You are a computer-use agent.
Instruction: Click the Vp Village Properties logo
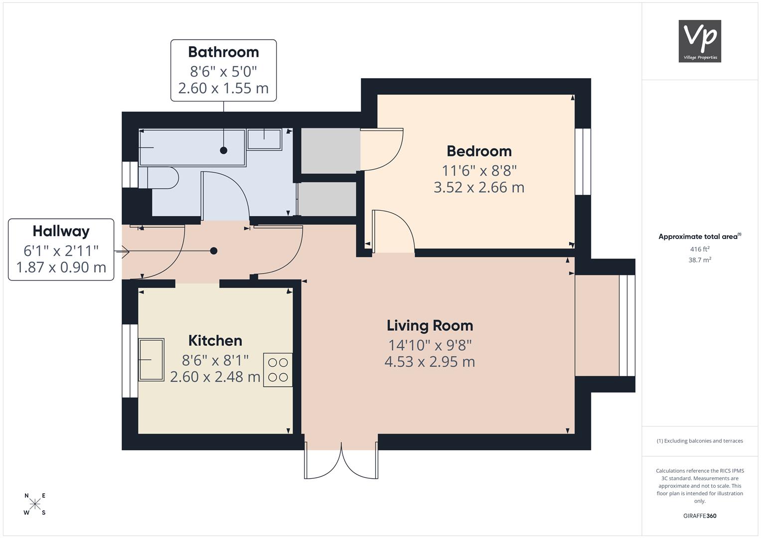coord(700,41)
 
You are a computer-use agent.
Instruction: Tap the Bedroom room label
coord(479,151)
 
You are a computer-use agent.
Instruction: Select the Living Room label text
coord(430,326)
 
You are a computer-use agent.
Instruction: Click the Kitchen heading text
coord(215,341)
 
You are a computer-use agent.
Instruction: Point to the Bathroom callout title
coord(224,52)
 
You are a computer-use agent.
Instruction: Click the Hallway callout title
coord(61,232)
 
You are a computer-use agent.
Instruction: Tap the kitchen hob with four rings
coord(278,370)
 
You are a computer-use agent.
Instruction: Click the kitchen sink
coord(151,359)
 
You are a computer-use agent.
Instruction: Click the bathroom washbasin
coord(265,139)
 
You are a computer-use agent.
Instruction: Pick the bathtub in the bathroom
coord(192,148)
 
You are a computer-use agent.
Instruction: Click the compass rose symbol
coord(35,504)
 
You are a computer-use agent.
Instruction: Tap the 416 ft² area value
coord(700,249)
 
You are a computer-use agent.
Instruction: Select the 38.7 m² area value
coord(700,260)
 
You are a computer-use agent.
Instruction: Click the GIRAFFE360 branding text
coord(700,516)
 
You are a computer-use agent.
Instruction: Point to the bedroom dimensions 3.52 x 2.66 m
coord(479,187)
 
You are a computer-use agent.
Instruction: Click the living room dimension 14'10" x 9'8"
coord(430,345)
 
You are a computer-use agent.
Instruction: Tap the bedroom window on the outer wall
coord(583,162)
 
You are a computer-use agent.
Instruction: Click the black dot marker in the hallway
coord(214,251)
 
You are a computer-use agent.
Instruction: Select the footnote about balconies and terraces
coord(700,441)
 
